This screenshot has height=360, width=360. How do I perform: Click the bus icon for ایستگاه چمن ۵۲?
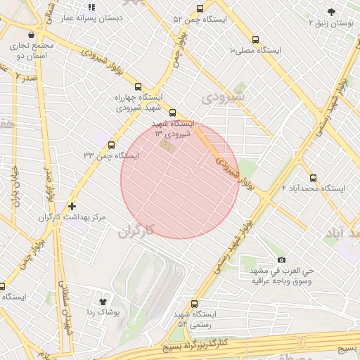pos(200,9)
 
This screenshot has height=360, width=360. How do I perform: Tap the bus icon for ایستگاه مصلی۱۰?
pos(255,40)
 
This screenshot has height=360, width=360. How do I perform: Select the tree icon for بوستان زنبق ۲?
pos(331,11)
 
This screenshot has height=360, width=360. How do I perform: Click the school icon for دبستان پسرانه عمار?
pos(91,7)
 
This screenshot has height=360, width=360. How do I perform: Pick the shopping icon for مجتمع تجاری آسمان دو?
pos(30,34)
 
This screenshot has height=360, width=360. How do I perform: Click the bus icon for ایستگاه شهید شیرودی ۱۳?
pos(173,112)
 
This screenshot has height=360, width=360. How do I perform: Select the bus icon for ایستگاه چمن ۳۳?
pos(111,144)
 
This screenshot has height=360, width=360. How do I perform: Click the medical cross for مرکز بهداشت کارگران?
pos(72,206)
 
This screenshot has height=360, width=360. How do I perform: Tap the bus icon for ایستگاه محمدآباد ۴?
pos(313,178)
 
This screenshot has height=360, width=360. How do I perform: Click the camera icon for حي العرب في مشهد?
pos(282,259)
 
